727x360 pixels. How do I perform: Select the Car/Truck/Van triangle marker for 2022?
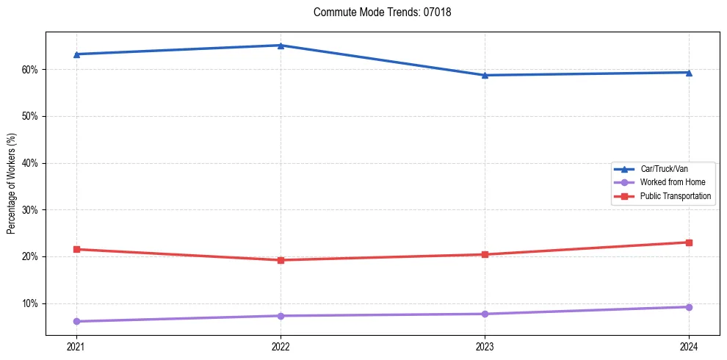pos(281,46)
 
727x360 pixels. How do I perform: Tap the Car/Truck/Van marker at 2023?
pos(485,75)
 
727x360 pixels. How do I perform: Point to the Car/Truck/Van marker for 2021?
pos(76,54)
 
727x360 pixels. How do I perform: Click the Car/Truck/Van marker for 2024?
pos(689,72)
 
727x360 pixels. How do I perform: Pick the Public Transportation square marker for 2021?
pos(76,249)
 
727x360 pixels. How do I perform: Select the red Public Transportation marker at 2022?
pos(281,260)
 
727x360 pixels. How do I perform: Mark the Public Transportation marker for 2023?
pos(485,254)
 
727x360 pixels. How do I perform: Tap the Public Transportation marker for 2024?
pos(689,242)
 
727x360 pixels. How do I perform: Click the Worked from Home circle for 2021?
pos(76,321)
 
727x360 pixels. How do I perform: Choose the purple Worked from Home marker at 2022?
pos(281,316)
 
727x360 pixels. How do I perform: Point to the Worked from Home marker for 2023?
pos(485,314)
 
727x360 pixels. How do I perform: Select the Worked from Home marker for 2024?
pos(689,307)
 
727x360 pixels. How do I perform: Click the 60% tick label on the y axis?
pos(29,70)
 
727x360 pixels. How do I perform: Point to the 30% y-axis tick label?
pos(29,210)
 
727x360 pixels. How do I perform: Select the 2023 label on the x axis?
pos(485,348)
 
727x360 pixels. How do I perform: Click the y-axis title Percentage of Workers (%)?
pos(12,184)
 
